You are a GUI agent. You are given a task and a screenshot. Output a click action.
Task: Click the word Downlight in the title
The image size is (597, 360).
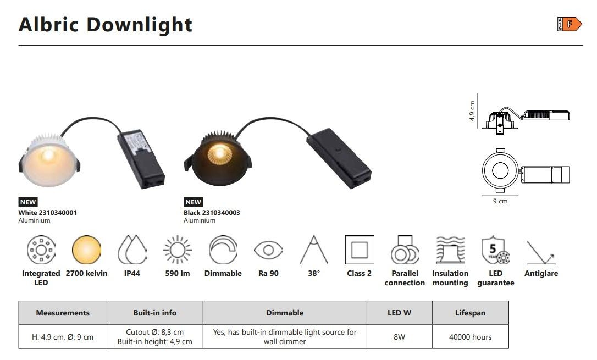(139, 25)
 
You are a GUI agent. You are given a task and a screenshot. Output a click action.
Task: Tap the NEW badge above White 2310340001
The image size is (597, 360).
(28, 202)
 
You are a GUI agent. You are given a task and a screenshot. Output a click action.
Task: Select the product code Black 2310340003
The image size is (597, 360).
(212, 212)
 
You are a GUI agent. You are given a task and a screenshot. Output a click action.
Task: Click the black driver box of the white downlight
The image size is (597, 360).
(141, 159)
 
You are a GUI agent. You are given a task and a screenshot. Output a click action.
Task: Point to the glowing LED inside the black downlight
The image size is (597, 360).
(219, 153)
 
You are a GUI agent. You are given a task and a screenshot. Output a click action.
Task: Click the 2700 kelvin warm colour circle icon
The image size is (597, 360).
(86, 250)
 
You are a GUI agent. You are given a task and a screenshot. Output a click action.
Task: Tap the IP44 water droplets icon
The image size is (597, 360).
(132, 250)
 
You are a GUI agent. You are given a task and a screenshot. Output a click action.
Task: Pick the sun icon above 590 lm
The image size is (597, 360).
(178, 250)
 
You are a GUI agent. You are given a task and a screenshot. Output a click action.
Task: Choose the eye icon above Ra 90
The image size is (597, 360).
(268, 250)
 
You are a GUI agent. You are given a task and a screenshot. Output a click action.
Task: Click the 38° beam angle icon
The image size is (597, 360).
(314, 250)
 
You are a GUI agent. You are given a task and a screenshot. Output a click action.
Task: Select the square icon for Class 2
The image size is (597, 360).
(359, 250)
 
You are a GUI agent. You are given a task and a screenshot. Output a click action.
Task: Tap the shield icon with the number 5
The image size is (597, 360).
(495, 250)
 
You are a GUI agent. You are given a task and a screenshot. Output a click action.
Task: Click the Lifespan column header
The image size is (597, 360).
(470, 313)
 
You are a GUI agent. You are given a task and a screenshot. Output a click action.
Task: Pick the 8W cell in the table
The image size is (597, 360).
(400, 337)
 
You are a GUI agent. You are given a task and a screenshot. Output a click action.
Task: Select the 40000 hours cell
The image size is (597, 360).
(470, 337)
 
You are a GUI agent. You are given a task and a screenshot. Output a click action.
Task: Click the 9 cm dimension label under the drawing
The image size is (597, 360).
(500, 201)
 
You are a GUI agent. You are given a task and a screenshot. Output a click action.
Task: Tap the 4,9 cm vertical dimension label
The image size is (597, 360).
(472, 110)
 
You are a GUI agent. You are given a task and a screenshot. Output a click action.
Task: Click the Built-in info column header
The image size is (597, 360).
(155, 313)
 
